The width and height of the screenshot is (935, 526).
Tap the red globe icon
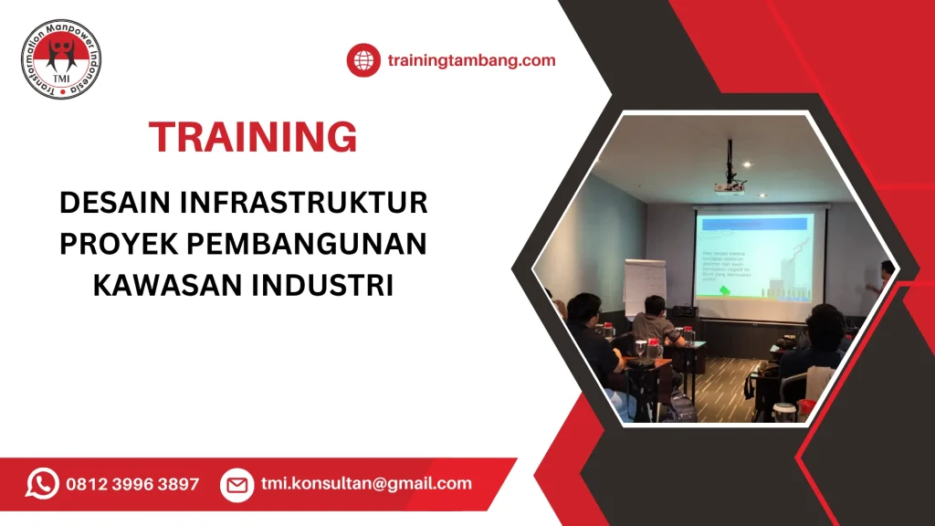362,61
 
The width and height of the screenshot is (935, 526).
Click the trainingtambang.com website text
471,61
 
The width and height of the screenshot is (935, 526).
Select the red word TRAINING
253,137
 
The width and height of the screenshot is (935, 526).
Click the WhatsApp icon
42,484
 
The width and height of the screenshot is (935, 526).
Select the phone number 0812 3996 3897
131,484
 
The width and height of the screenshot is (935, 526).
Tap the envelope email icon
236,485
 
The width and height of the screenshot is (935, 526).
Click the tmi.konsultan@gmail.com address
365,484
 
